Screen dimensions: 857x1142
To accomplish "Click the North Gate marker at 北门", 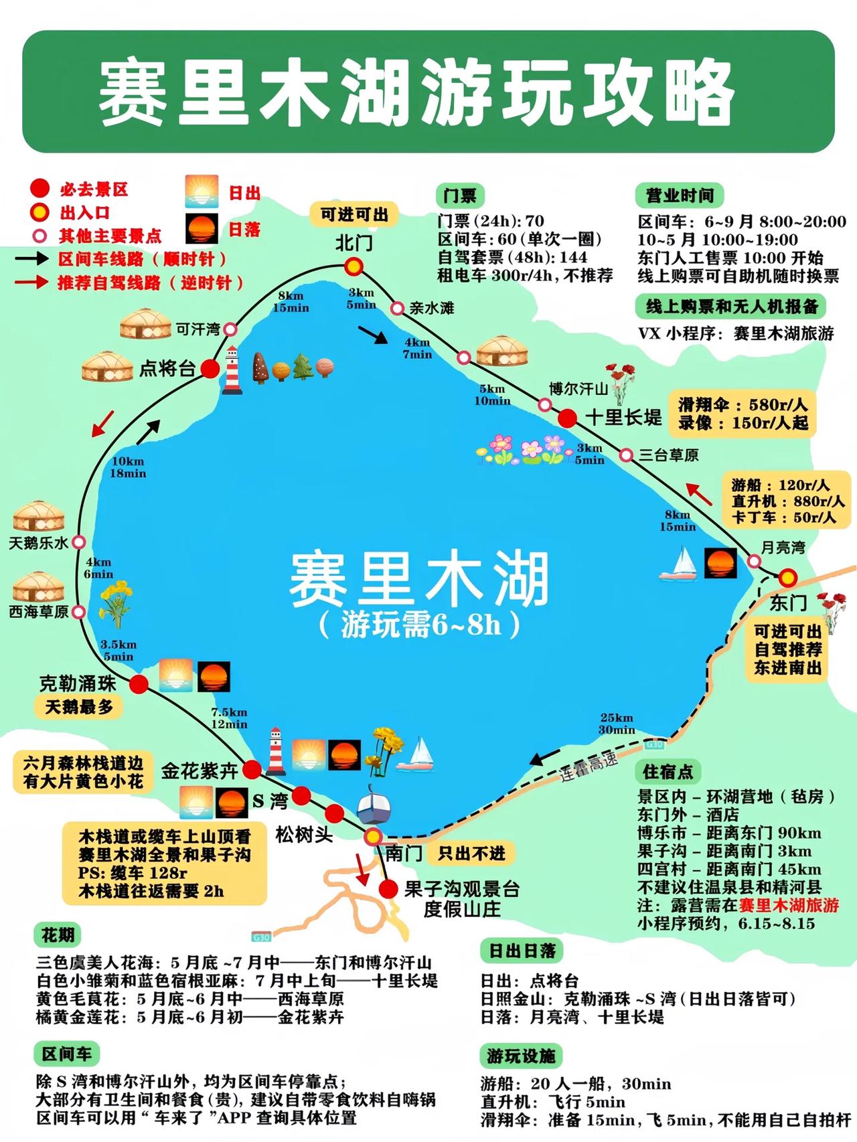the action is pyautogui.click(x=354, y=267).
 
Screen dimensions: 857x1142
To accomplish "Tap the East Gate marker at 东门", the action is pyautogui.click(x=787, y=577).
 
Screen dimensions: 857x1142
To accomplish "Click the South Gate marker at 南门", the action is pyautogui.click(x=373, y=837).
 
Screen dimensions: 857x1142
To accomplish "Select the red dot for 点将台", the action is pyautogui.click(x=210, y=368).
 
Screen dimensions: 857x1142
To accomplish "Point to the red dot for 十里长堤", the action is pyautogui.click(x=567, y=418).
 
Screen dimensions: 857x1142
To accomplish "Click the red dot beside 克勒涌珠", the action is pyautogui.click(x=139, y=683).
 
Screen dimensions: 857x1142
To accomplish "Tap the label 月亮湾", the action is pyautogui.click(x=783, y=548).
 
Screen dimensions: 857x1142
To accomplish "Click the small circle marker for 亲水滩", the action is pyautogui.click(x=397, y=308).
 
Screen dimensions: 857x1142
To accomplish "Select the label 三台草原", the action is pyautogui.click(x=668, y=455).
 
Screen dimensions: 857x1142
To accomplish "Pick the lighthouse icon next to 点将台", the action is pyautogui.click(x=232, y=370).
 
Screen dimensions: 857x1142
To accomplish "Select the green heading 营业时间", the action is pyautogui.click(x=679, y=195).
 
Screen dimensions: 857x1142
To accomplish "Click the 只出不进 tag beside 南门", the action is pyautogui.click(x=472, y=853).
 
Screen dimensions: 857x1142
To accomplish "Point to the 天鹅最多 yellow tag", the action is pyautogui.click(x=79, y=707).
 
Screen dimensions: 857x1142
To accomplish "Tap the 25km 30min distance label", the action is pyautogui.click(x=616, y=724).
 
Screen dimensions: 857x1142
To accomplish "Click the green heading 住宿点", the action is pyautogui.click(x=667, y=772).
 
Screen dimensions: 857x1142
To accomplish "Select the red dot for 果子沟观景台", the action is pyautogui.click(x=388, y=889).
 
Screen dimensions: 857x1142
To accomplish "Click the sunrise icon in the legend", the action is pyautogui.click(x=202, y=192).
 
